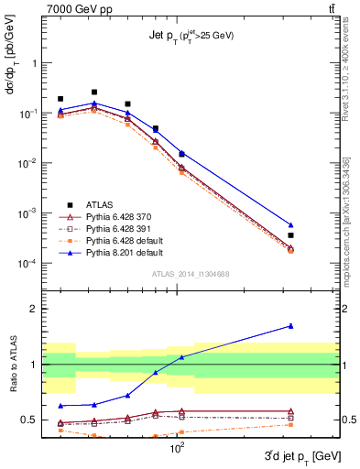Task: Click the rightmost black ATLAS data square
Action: [290, 235]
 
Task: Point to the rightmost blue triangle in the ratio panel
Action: [290, 325]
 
